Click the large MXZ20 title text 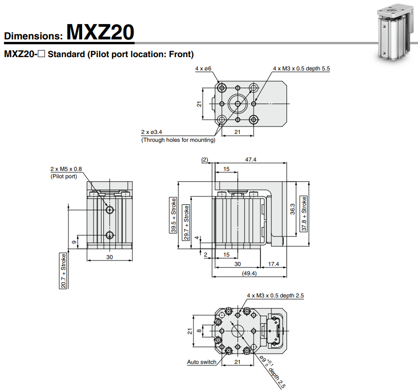100,32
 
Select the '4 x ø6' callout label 203,68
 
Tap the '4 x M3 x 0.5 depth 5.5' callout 301,68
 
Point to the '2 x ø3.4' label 152,132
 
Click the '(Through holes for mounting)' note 178,140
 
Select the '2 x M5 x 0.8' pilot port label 66,169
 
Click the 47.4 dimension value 251,160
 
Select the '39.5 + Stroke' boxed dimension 173,215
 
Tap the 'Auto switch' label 201,362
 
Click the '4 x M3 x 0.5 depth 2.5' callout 275,295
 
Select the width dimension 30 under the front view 110,257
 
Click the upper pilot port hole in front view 110,210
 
